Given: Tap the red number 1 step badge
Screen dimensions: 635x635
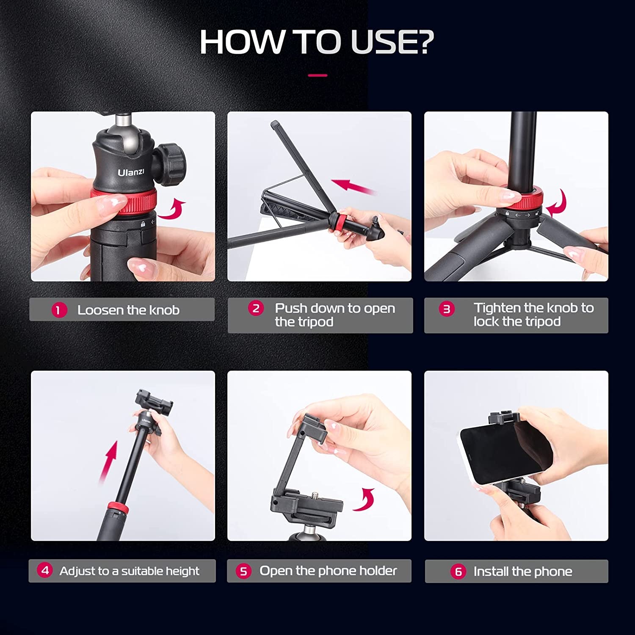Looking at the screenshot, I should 59,310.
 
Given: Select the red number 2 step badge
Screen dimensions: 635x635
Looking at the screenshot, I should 256,309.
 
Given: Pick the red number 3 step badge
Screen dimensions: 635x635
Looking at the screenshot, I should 447,309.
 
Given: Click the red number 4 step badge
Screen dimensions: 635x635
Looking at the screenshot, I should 45,570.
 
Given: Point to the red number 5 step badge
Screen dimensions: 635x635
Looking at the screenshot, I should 243,571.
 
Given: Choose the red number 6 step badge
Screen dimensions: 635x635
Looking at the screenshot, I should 458,571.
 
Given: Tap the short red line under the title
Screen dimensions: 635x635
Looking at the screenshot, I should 317,75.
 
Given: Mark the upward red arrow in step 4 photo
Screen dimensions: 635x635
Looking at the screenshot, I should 109,461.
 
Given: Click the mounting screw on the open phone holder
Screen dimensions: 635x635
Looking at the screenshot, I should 316,494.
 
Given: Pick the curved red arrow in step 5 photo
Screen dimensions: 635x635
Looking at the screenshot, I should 364,500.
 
